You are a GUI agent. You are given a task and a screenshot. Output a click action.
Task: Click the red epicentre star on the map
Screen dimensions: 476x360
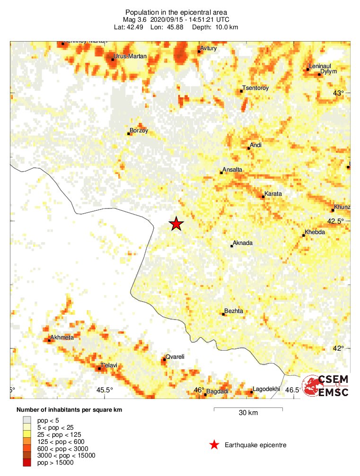point(176,224)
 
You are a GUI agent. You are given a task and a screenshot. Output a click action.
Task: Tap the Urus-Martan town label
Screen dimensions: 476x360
point(131,57)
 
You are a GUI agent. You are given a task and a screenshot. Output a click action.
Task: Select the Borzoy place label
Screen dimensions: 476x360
point(139,130)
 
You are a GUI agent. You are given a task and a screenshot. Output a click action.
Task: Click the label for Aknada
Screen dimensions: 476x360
point(243,243)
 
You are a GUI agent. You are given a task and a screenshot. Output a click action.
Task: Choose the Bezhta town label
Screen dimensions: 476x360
point(234,311)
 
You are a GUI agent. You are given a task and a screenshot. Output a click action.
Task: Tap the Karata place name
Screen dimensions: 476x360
point(273,194)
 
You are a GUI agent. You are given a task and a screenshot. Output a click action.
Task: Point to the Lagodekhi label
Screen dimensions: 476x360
point(266,389)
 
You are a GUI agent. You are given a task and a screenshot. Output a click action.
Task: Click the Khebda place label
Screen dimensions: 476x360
point(315,233)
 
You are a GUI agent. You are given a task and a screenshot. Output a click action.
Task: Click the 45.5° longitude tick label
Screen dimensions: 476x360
point(105,390)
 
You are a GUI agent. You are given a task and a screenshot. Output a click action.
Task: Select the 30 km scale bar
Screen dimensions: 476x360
point(248,408)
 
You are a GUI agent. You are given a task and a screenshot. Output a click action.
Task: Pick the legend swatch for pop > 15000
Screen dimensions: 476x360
point(27,463)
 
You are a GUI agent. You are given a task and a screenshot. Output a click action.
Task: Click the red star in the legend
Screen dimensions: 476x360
point(214,445)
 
